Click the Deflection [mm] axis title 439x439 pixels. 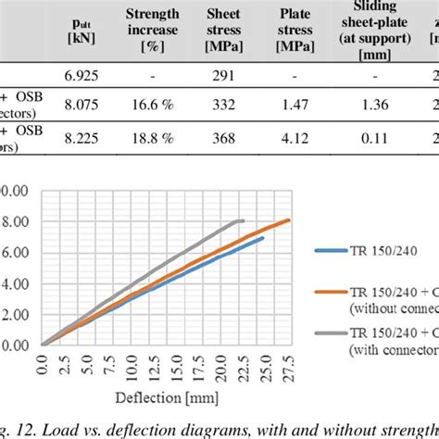[x=168, y=400]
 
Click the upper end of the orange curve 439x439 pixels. [x=289, y=219]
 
